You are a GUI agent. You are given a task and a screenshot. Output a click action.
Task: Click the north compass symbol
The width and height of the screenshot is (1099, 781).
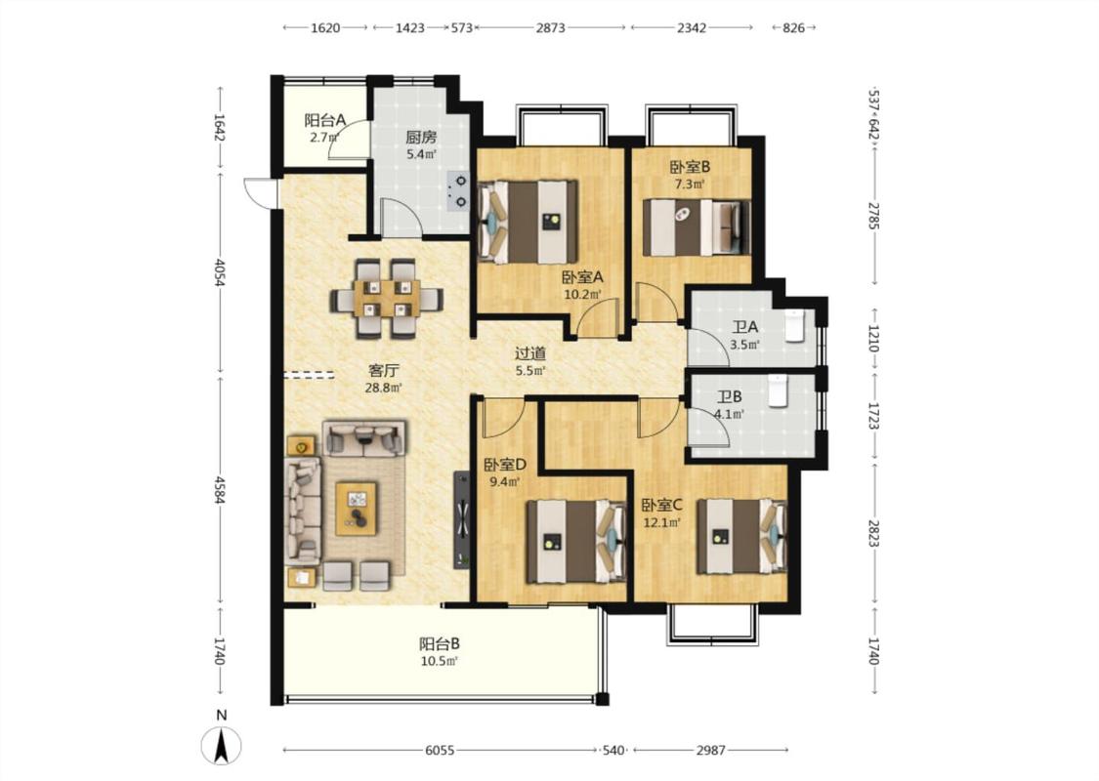coord(222,745)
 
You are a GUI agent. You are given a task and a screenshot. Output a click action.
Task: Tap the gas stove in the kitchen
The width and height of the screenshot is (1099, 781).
coord(459,191)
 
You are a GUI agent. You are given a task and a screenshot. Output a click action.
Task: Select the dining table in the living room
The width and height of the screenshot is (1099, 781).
coord(388,299)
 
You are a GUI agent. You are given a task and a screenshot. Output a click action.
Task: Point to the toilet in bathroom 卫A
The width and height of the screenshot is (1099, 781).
coord(795,325)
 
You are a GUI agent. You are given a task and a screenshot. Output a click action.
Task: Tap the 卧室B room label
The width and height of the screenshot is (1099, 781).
coord(691,167)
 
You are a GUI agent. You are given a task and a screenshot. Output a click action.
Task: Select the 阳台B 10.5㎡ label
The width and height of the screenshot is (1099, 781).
coord(440,651)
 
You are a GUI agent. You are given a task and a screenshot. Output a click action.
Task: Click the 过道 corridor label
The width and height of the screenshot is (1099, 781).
coord(530,354)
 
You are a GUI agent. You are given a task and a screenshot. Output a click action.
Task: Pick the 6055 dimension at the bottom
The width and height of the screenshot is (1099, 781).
coord(440,750)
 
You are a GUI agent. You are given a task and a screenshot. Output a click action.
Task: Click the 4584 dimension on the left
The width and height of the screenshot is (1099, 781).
coord(220,490)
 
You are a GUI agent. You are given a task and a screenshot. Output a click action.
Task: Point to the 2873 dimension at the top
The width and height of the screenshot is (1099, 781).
coord(551,28)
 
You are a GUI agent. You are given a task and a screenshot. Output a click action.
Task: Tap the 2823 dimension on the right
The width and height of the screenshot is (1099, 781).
coord(873,534)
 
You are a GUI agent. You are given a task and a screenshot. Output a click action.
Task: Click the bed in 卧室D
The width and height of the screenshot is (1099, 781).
coord(576,541)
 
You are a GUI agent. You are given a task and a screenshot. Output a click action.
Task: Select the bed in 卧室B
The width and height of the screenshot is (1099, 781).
coord(696,227)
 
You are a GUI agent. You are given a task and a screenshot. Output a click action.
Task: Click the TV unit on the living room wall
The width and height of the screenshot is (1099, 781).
coord(462,519)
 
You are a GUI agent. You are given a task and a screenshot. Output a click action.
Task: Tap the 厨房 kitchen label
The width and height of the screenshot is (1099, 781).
coord(421,138)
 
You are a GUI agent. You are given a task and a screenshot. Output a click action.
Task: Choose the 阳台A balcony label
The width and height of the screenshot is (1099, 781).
coord(325,120)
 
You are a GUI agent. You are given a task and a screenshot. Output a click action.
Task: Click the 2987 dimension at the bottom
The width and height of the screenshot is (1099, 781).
coord(710,750)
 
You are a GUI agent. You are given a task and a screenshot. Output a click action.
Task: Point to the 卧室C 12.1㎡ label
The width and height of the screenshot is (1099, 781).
coord(661,513)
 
